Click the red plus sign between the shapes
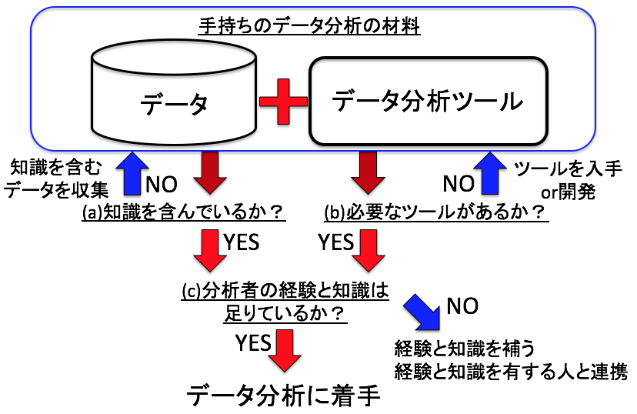[283, 102]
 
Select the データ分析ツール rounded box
[428, 101]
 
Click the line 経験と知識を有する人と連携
[511, 372]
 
